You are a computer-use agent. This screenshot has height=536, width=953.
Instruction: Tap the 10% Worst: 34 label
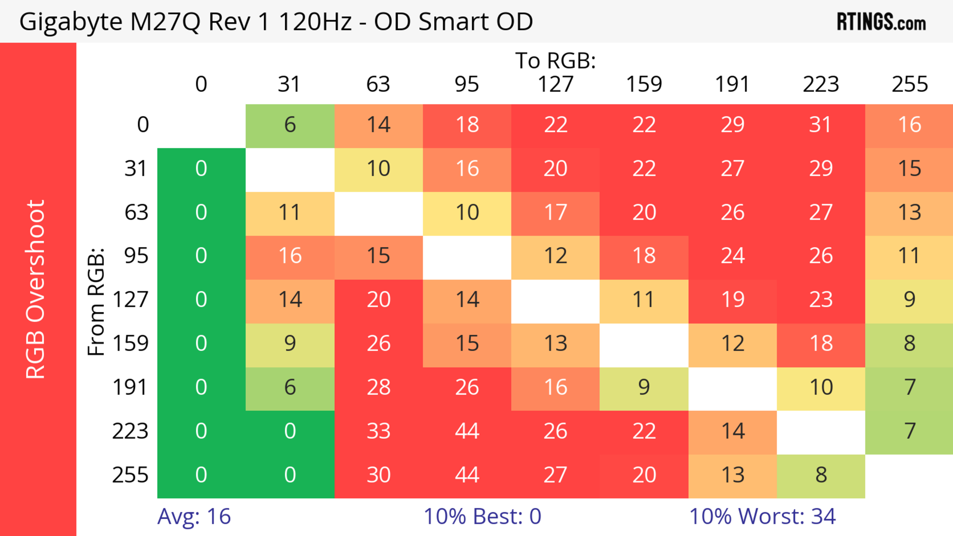[x=762, y=516]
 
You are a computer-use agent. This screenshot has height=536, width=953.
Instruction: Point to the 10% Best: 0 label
[x=482, y=516]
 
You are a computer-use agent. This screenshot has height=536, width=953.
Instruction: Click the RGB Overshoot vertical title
[x=35, y=289]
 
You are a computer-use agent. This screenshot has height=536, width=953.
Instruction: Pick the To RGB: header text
[x=555, y=61]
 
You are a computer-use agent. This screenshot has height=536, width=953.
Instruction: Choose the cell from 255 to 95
[x=467, y=475]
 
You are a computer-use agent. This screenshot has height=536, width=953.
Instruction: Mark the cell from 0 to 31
[x=290, y=125]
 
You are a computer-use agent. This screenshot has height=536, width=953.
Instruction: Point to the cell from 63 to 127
[x=555, y=212]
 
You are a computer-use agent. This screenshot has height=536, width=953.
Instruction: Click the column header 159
[x=644, y=84]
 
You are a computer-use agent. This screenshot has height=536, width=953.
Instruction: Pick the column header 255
[x=909, y=84]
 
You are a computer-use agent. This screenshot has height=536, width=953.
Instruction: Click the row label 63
[x=136, y=212]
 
